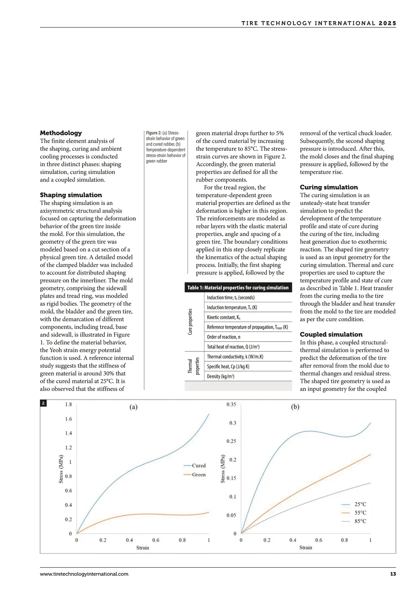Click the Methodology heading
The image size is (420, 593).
point(61,133)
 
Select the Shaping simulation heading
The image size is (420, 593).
point(71,195)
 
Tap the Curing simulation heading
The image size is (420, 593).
point(329,187)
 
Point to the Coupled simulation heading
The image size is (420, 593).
point(331,334)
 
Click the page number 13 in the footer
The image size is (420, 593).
point(393,574)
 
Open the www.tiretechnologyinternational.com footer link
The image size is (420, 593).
point(84,574)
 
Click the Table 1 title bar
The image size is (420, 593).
point(238,287)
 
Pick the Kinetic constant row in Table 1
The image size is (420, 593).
point(248,317)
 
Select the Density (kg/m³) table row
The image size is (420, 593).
point(248,376)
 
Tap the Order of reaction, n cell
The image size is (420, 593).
point(248,337)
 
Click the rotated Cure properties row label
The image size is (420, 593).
point(190,322)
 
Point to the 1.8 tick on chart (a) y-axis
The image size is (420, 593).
point(68,405)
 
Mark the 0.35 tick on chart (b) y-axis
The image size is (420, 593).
point(231,405)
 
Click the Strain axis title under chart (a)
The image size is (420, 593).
point(142,548)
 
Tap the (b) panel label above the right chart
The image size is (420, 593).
point(295,407)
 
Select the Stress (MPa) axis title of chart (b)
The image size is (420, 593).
point(223,469)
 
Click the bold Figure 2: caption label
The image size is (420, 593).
point(154,133)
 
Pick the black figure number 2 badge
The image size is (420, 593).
point(43,403)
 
